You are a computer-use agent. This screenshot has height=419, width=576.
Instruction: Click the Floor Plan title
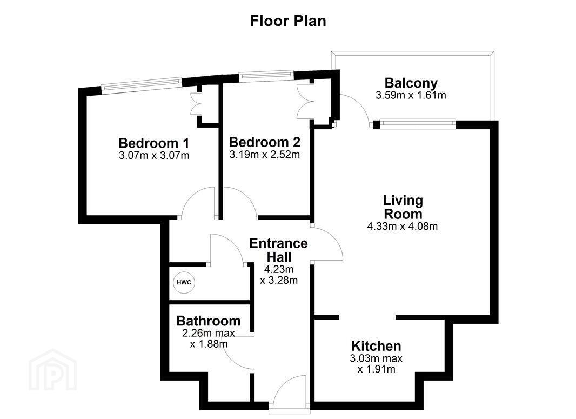tap(288, 21)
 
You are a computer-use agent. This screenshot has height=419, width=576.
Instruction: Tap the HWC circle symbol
tap(184, 283)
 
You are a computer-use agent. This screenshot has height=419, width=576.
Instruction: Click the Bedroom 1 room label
tap(154, 143)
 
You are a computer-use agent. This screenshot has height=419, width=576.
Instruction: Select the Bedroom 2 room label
tap(264, 142)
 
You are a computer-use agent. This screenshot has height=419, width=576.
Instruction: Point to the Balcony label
tap(411, 83)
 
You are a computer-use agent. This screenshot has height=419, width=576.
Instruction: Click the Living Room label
tap(403, 207)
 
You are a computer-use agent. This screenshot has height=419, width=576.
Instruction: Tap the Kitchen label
tap(376, 346)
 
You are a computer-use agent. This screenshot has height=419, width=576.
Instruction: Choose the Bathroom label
tap(208, 321)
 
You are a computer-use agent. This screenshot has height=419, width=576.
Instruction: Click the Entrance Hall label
tap(278, 250)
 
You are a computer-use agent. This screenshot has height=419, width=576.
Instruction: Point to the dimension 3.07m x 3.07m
tap(154, 156)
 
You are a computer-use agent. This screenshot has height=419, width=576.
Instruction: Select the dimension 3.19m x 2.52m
tap(264, 155)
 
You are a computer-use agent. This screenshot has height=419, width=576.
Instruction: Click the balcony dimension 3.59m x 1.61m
tap(411, 95)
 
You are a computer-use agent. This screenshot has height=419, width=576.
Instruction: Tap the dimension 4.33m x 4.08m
tap(402, 226)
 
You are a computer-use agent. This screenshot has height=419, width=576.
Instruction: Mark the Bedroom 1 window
tap(142, 83)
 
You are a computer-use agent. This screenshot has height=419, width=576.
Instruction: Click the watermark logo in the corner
tap(53, 370)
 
